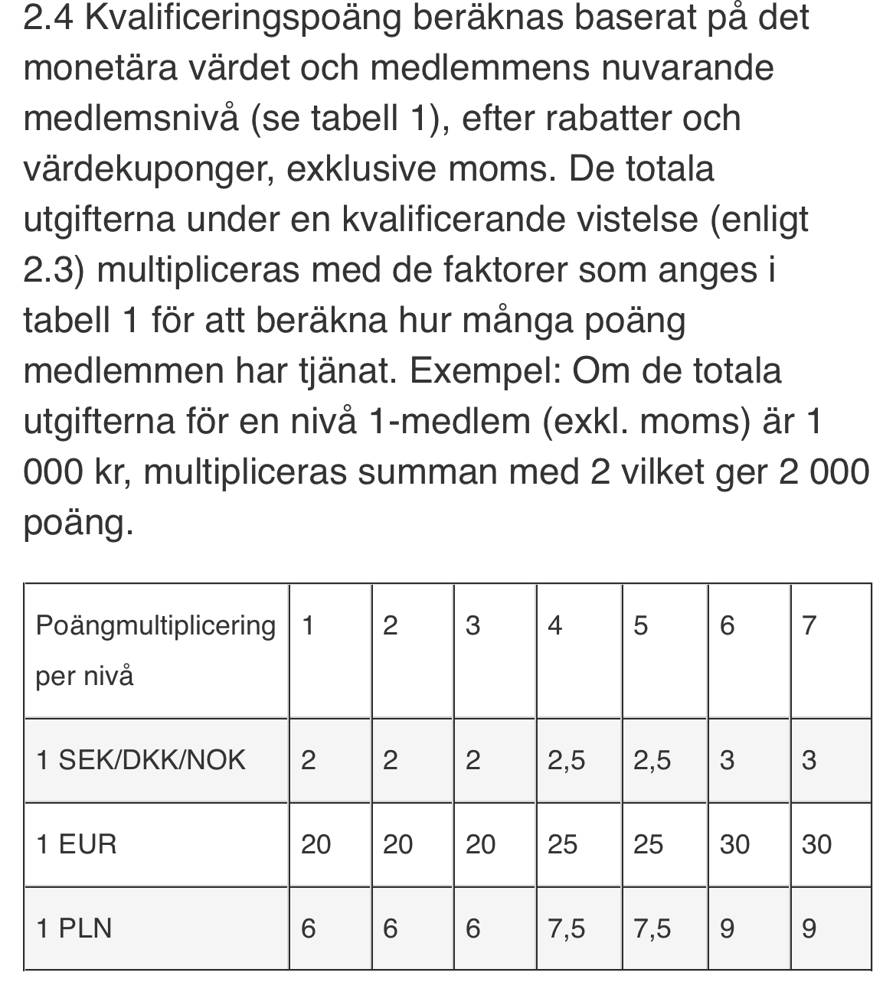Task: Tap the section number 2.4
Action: coord(49,18)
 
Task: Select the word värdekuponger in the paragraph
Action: coord(149,169)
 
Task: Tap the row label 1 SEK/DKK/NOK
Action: coord(141,760)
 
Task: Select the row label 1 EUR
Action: coord(77,844)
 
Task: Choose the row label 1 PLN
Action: coord(74,928)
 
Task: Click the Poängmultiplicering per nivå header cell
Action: coord(155,650)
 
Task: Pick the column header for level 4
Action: coord(555,626)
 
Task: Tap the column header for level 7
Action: coord(809,626)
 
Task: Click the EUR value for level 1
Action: coord(316,844)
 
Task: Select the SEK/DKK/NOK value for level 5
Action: coord(652,760)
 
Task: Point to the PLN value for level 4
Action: coord(566,928)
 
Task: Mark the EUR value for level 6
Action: coord(734,844)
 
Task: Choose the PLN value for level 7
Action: coord(809,928)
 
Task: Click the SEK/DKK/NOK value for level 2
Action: coord(390,760)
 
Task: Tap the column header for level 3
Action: coord(473,626)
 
